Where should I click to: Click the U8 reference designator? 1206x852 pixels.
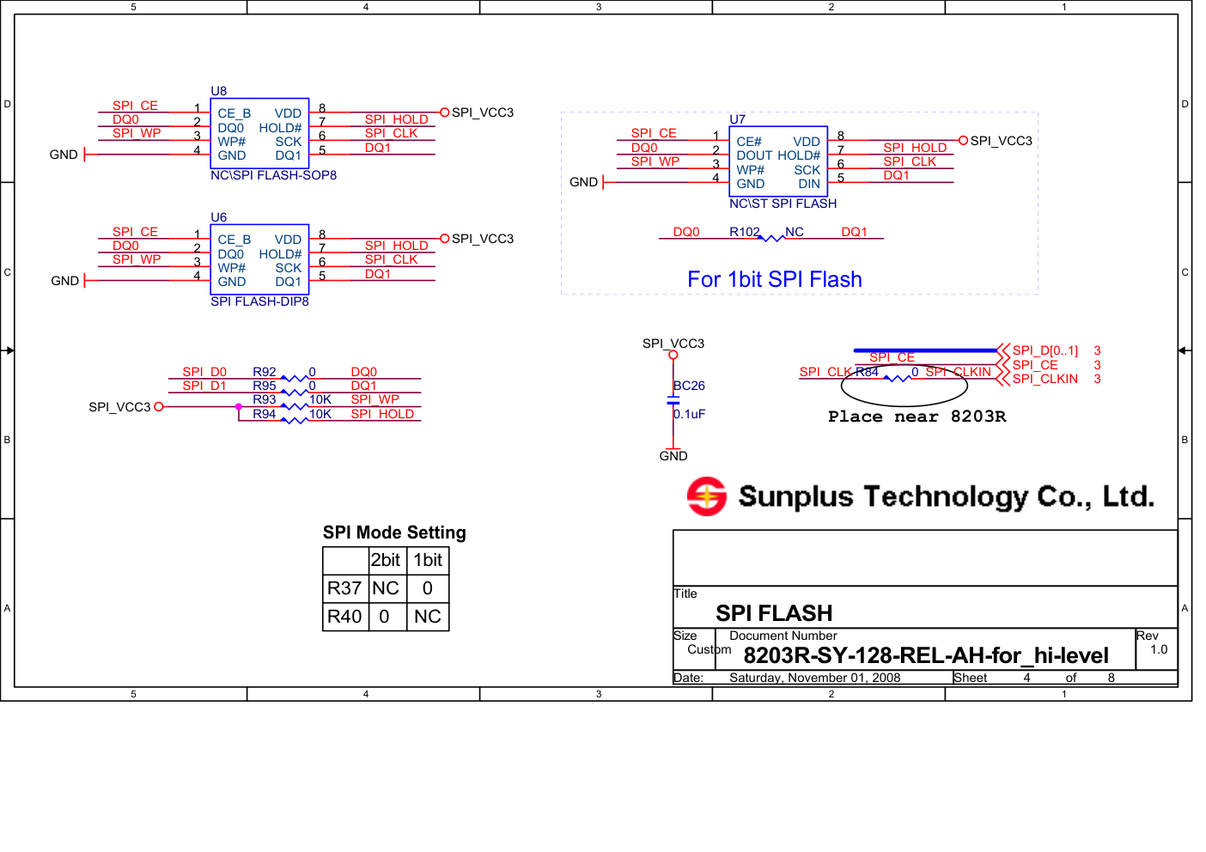219,91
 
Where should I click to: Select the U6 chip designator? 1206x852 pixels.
219,217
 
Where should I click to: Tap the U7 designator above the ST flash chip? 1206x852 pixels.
737,119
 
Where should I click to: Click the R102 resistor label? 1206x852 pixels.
744,232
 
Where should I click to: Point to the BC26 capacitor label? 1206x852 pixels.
689,386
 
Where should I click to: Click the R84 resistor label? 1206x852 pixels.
867,372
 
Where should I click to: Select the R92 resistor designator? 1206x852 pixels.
264,372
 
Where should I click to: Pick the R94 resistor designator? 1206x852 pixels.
264,414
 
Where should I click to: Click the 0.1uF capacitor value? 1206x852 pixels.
689,414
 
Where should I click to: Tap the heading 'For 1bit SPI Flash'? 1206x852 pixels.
774,279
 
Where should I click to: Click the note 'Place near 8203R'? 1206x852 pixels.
917,417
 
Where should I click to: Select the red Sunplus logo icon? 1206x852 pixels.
706,496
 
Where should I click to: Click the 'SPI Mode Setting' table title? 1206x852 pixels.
394,532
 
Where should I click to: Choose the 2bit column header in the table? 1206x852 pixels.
386,560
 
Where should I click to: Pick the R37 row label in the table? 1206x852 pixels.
344,588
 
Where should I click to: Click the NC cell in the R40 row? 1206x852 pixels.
427,617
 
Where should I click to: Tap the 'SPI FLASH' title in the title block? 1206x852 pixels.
774,613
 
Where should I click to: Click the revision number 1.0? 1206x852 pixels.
1159,649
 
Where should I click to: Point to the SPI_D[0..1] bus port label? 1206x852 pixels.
1045,350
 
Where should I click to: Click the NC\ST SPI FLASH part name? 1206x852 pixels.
783,204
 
